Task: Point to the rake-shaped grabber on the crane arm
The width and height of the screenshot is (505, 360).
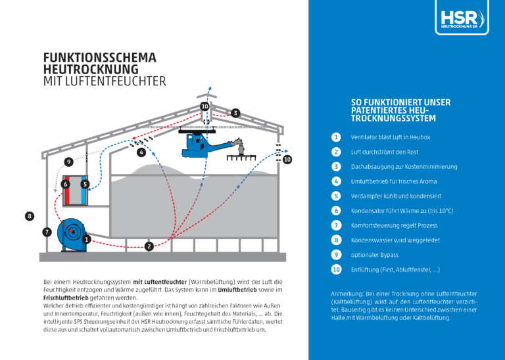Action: [242, 152]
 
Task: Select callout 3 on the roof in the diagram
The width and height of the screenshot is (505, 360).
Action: [235, 113]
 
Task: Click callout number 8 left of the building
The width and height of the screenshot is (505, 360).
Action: [29, 215]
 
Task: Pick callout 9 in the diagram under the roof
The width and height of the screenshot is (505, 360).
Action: [68, 162]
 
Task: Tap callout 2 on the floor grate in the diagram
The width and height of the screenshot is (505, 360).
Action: [149, 246]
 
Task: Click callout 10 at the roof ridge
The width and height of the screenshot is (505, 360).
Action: [204, 106]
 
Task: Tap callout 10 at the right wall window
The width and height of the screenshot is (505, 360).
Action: [287, 160]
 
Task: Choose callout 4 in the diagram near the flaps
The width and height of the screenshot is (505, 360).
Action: [141, 152]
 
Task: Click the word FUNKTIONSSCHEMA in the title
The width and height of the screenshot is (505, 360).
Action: [99, 58]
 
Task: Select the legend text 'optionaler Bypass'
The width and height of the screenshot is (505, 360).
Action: [374, 255]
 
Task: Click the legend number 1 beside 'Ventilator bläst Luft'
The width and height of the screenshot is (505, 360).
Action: [336, 137]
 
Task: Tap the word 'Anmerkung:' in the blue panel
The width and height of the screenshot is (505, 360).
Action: [349, 293]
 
